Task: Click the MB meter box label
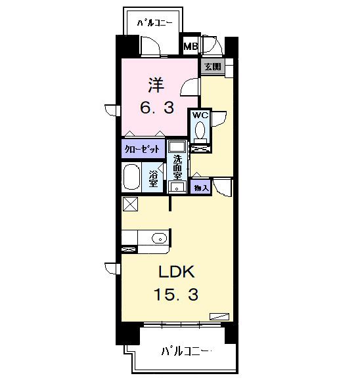[191, 47]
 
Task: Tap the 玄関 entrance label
[212, 66]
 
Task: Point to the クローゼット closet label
[143, 149]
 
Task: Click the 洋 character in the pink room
[155, 85]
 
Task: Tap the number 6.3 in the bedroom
[158, 107]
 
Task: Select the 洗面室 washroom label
[177, 167]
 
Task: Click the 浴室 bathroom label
[152, 178]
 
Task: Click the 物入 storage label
[200, 188]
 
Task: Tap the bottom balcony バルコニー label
[185, 351]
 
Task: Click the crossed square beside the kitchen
[129, 204]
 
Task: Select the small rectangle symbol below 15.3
[218, 316]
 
